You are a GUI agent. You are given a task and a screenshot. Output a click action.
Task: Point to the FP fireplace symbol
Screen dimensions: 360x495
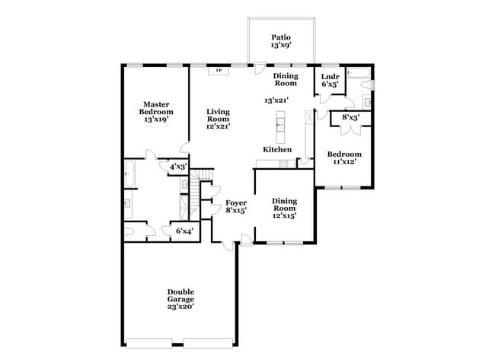(220, 71)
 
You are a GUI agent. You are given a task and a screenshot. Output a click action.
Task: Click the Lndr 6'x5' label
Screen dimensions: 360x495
(330, 81)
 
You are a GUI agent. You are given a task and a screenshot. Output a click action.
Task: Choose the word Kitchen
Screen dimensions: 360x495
(278, 149)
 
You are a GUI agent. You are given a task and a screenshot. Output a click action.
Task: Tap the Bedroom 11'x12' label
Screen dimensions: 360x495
(344, 158)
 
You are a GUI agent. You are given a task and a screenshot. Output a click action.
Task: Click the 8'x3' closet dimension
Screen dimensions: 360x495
(351, 118)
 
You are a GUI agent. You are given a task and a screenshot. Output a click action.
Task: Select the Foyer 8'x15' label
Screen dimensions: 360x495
(236, 206)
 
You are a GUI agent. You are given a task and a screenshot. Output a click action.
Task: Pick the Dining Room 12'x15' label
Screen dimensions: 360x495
(284, 208)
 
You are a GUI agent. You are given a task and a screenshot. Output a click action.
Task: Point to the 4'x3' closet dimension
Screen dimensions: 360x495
(178, 165)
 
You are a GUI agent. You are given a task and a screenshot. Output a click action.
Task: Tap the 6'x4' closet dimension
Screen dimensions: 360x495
(184, 231)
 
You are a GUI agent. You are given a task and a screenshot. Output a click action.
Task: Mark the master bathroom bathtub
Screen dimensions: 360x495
(129, 174)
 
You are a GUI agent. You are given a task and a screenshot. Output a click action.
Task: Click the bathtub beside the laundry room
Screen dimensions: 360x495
(358, 74)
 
